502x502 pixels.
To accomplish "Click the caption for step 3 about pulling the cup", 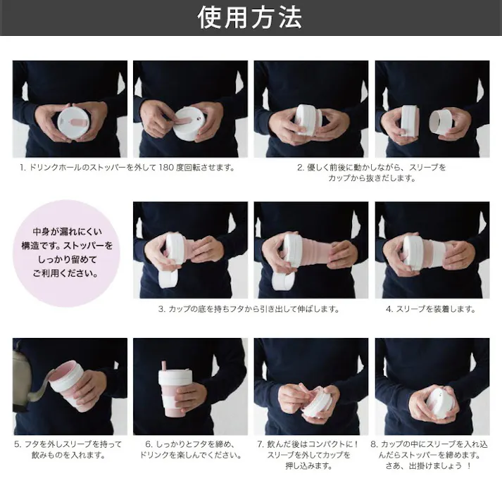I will coord(249,308).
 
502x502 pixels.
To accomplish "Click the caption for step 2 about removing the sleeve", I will coord(371,172).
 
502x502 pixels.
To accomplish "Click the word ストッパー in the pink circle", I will coord(92,246).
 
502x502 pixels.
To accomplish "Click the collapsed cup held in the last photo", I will coord(439,402).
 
